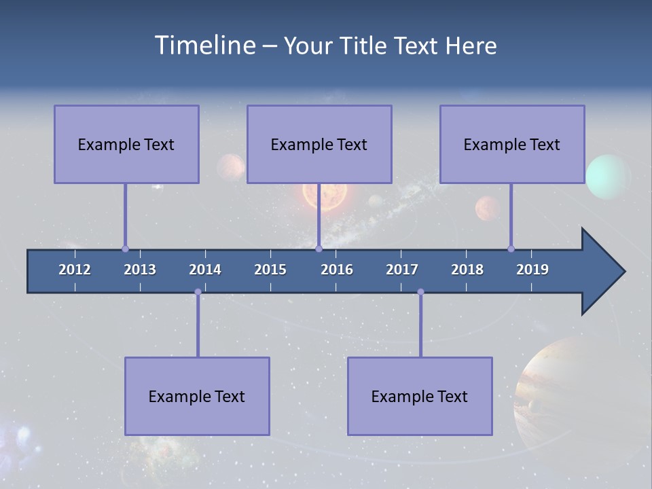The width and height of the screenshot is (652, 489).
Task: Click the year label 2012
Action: pyautogui.click(x=75, y=270)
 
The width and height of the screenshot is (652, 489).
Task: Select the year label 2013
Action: pyautogui.click(x=140, y=270)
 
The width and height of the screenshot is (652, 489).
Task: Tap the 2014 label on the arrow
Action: pyautogui.click(x=205, y=270)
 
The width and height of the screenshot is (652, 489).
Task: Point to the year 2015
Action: pyautogui.click(x=270, y=270)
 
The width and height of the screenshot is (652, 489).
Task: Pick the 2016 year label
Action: pyautogui.click(x=337, y=270)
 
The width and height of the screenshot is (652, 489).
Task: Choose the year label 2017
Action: pyautogui.click(x=402, y=270)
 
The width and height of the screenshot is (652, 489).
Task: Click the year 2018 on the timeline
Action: pyautogui.click(x=467, y=270)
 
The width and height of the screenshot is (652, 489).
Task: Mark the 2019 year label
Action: pyautogui.click(x=532, y=270)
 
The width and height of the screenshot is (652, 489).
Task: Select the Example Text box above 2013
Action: pyautogui.click(x=126, y=144)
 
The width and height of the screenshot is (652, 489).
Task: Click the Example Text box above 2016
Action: pyautogui.click(x=319, y=144)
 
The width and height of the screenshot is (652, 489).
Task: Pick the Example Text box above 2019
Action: pyautogui.click(x=512, y=144)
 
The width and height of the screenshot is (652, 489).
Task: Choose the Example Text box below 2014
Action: pyautogui.click(x=197, y=396)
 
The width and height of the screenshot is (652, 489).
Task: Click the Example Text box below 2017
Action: pyautogui.click(x=420, y=396)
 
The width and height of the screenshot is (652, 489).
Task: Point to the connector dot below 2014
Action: pyautogui.click(x=198, y=292)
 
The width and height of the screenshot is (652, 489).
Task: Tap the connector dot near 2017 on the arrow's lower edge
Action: pyautogui.click(x=420, y=292)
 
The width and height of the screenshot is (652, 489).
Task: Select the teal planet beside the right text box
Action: pyautogui.click(x=609, y=177)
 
